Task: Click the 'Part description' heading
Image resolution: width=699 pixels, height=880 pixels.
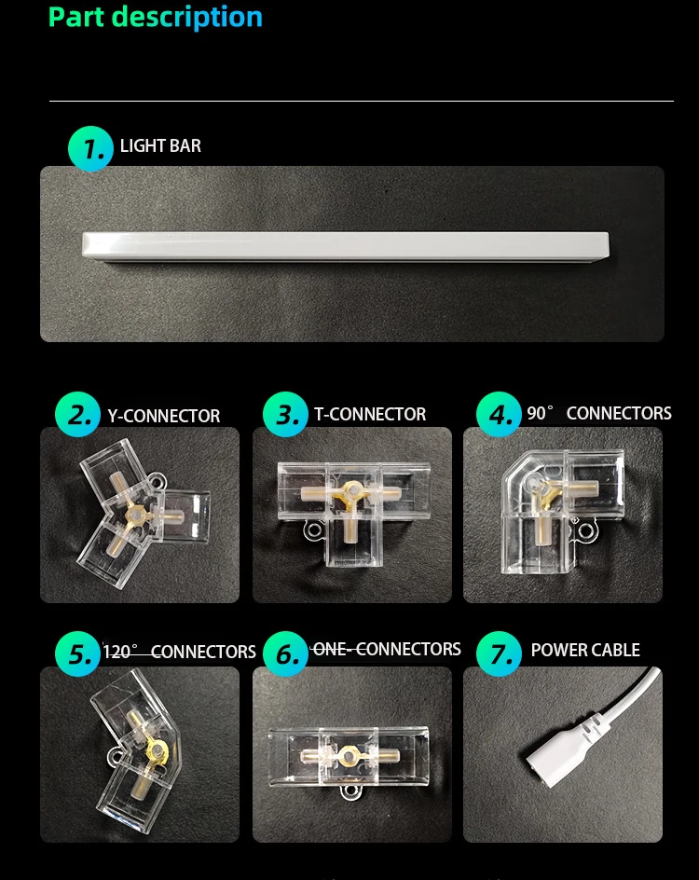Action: pyautogui.click(x=156, y=18)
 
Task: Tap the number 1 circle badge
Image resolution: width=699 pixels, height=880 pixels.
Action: pyautogui.click(x=90, y=149)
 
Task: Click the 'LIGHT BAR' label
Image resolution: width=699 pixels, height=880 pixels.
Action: pyautogui.click(x=160, y=146)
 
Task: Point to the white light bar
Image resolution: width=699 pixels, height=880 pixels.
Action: pyautogui.click(x=346, y=246)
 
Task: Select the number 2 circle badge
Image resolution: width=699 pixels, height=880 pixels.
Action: pyautogui.click(x=77, y=414)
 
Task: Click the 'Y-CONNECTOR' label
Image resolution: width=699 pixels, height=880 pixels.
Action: pyautogui.click(x=164, y=416)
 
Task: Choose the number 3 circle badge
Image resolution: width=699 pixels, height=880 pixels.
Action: pyautogui.click(x=285, y=414)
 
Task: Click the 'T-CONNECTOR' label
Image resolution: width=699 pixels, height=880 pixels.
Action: pyautogui.click(x=370, y=414)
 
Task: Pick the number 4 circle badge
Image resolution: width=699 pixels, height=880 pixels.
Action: pyautogui.click(x=499, y=414)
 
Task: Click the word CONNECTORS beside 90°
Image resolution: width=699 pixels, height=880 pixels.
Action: pyautogui.click(x=619, y=413)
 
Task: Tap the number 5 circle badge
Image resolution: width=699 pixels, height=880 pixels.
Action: pyautogui.click(x=77, y=653)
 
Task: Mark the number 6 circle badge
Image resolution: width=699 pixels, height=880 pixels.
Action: pyautogui.click(x=285, y=653)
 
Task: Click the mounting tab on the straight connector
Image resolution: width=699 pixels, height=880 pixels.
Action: pyautogui.click(x=350, y=791)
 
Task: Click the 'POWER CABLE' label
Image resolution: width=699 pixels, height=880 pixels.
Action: pyautogui.click(x=585, y=650)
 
